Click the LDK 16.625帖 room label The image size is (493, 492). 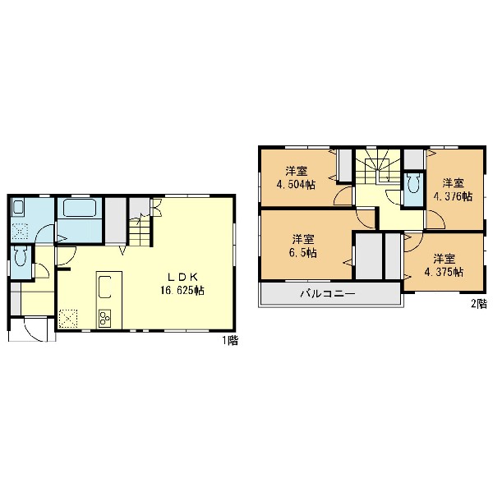tap(182, 284)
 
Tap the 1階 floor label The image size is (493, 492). tap(230, 340)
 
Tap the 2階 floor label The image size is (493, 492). tap(479, 303)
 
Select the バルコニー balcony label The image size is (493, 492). tap(328, 294)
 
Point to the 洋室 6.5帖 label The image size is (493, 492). tap(303, 246)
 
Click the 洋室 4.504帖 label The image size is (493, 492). tap(296, 178)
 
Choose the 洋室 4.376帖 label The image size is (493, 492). tap(453, 190)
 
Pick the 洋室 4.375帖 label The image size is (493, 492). tap(444, 265)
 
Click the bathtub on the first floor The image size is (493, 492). tap(80, 208)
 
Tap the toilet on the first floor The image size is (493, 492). tap(21, 256)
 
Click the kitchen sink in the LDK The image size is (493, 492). tap(105, 287)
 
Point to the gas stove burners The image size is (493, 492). tap(104, 318)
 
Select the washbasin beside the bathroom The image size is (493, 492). tap(18, 208)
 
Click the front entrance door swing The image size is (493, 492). tap(36, 329)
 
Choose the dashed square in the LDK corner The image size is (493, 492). tap(68, 319)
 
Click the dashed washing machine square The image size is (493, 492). tap(20, 232)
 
